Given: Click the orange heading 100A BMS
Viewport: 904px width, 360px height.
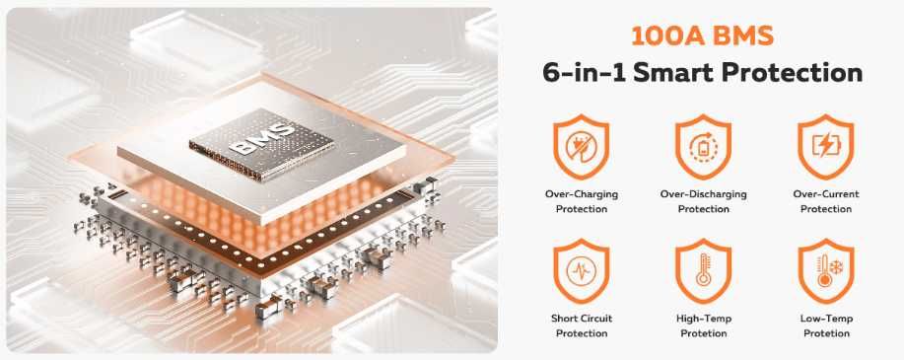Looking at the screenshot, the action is point(702,37).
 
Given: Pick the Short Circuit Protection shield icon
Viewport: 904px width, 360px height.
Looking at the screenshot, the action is point(581,269).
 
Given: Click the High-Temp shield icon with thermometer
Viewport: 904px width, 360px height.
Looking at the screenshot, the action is point(704,269).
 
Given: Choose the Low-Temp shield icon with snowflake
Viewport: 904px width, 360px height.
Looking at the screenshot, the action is point(825,269).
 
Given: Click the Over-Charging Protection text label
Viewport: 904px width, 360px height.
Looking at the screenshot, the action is point(581,201).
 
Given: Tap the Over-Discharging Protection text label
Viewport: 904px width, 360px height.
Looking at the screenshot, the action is point(704,201).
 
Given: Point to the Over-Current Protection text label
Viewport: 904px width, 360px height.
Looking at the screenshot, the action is point(825,201).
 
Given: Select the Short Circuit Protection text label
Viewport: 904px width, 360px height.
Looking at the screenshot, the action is point(581,325).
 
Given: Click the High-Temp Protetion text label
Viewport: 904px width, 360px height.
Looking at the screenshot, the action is point(704,325).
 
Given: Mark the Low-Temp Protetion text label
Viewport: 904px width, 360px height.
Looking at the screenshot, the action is point(825,325).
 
